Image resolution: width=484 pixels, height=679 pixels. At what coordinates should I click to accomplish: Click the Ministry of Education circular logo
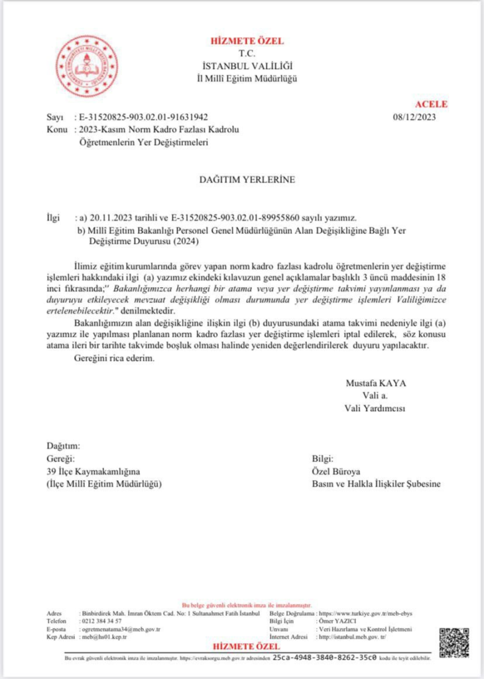point(86,68)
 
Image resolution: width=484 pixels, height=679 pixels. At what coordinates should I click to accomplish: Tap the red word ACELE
point(431,104)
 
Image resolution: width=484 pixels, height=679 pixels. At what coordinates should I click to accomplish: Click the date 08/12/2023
point(416,117)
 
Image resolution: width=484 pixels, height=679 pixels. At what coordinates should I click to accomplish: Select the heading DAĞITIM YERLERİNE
point(241,179)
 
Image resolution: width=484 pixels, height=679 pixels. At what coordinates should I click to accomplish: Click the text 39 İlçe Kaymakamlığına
point(93,471)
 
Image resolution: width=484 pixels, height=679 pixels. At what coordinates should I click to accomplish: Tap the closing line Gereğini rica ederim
point(113,359)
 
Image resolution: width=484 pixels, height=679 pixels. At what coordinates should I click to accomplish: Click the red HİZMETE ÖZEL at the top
point(247,41)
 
